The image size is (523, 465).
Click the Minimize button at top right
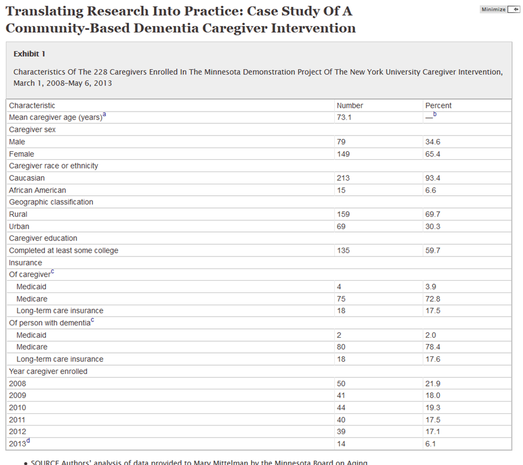pyautogui.click(x=500, y=9)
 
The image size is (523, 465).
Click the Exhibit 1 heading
pyautogui.click(x=29, y=54)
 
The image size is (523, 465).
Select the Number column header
pyautogui.click(x=350, y=106)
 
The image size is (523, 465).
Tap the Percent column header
pyautogui.click(x=438, y=106)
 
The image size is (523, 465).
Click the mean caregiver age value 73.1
pyautogui.click(x=344, y=117)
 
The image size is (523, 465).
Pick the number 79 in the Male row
pyautogui.click(x=341, y=142)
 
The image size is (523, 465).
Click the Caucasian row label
pyautogui.click(x=27, y=178)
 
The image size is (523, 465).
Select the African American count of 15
pyautogui.click(x=341, y=190)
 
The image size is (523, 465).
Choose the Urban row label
pyautogui.click(x=19, y=226)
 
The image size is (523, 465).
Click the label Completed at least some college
pyautogui.click(x=63, y=251)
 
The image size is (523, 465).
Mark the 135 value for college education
pyautogui.click(x=343, y=251)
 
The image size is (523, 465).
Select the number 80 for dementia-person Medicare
pyautogui.click(x=341, y=347)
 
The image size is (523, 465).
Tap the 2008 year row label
pyautogui.click(x=17, y=384)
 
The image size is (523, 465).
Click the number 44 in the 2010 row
pyautogui.click(x=341, y=407)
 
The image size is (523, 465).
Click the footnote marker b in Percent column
pyautogui.click(x=434, y=115)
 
